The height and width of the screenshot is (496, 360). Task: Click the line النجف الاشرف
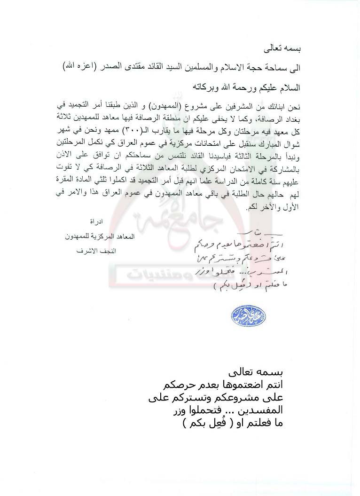click(x=96, y=251)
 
